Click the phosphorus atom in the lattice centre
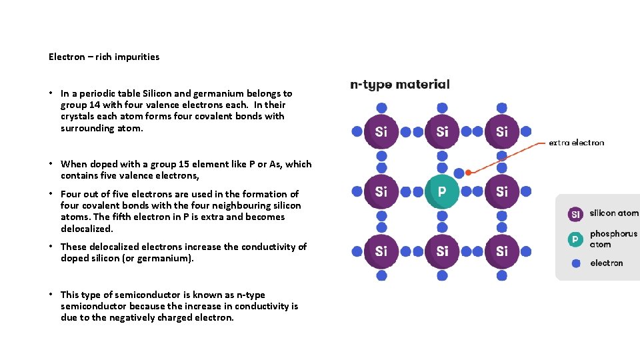point(442,192)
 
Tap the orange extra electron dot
point(469,173)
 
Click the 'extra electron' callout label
point(576,143)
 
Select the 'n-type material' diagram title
point(400,85)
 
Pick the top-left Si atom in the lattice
point(381,132)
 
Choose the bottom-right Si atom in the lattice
point(502,251)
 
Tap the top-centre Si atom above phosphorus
point(442,132)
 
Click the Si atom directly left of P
point(381,192)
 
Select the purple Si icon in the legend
point(575,214)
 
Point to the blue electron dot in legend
point(575,263)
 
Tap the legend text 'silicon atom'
point(614,213)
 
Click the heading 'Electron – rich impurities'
point(104,57)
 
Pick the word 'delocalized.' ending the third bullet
point(87,229)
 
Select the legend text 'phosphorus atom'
point(613,239)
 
